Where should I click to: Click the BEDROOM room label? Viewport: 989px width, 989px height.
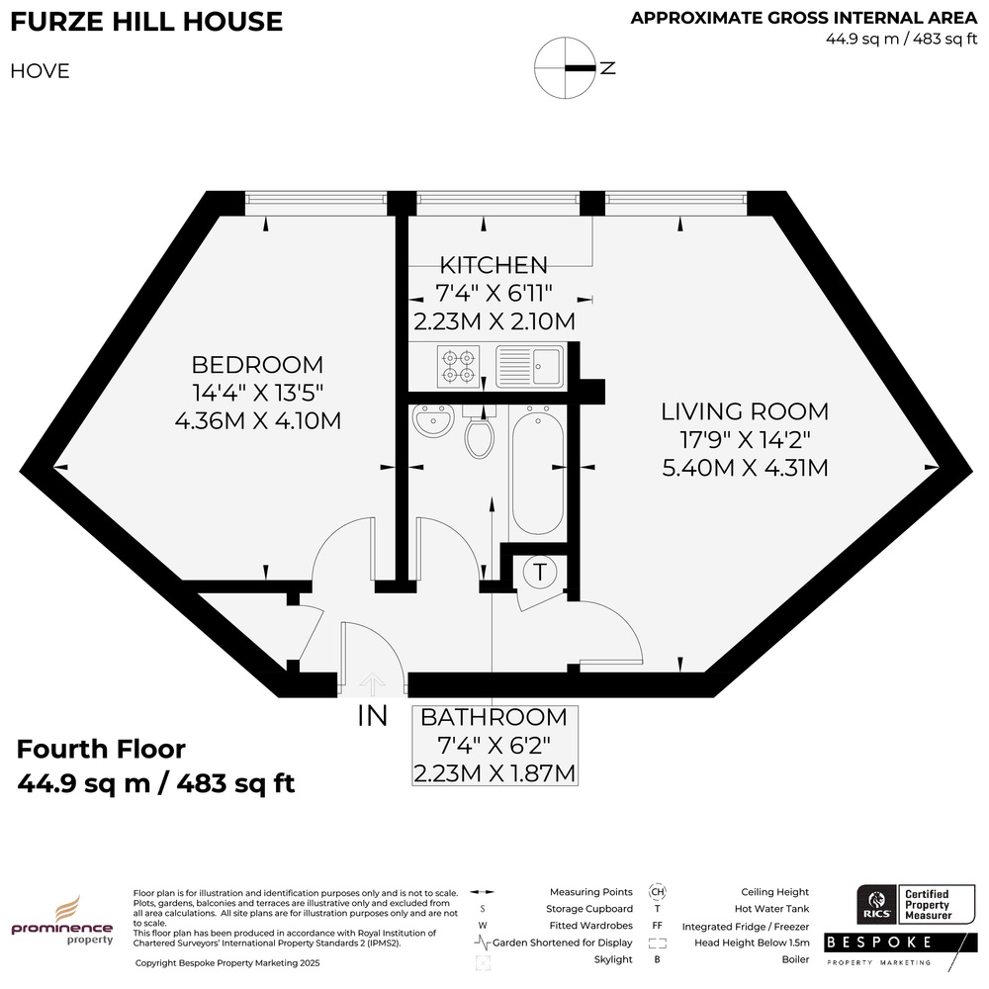pyautogui.click(x=257, y=365)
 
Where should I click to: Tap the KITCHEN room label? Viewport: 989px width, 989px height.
pyautogui.click(x=494, y=265)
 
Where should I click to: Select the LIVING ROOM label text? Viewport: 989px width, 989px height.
pyautogui.click(x=745, y=411)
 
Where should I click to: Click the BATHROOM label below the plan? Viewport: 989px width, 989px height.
pyautogui.click(x=494, y=717)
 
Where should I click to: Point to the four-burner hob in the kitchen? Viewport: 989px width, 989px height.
pyautogui.click(x=459, y=367)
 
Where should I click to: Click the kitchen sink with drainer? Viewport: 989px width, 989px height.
pyautogui.click(x=529, y=367)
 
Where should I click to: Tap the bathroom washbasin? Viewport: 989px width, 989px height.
pyautogui.click(x=433, y=419)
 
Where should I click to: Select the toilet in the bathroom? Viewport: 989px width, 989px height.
pyautogui.click(x=480, y=433)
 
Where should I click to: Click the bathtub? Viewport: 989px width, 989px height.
pyautogui.click(x=538, y=470)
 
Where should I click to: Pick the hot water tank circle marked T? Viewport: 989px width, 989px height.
pyautogui.click(x=540, y=573)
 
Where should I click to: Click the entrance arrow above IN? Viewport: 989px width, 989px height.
pyautogui.click(x=372, y=683)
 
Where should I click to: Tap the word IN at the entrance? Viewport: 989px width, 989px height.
pyautogui.click(x=372, y=716)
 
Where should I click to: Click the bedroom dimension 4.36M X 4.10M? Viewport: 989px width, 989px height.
pyautogui.click(x=258, y=420)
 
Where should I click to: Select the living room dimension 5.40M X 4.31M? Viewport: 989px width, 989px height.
pyautogui.click(x=745, y=468)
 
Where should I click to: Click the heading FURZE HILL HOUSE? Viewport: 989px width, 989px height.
pyautogui.click(x=146, y=22)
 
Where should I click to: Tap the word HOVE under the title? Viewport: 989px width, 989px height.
pyautogui.click(x=40, y=70)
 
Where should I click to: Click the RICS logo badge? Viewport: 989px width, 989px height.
pyautogui.click(x=876, y=904)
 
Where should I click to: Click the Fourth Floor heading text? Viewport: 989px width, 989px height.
pyautogui.click(x=101, y=750)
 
